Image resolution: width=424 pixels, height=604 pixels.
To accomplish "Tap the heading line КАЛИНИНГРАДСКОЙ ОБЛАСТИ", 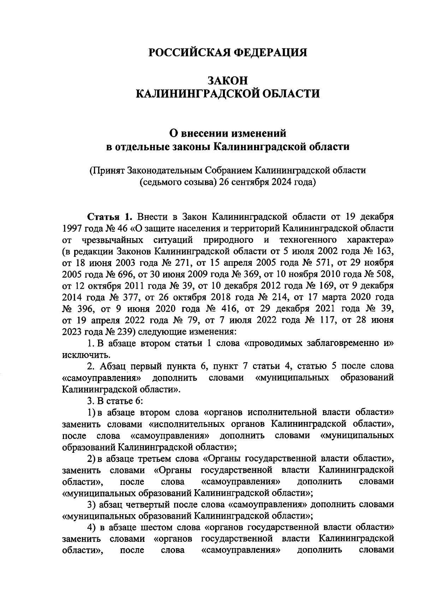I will pyautogui.click(x=228, y=94).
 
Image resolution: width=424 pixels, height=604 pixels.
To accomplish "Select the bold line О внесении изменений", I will pyautogui.click(x=228, y=133).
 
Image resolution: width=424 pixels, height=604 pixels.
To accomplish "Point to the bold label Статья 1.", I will pyautogui.click(x=110, y=216).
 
